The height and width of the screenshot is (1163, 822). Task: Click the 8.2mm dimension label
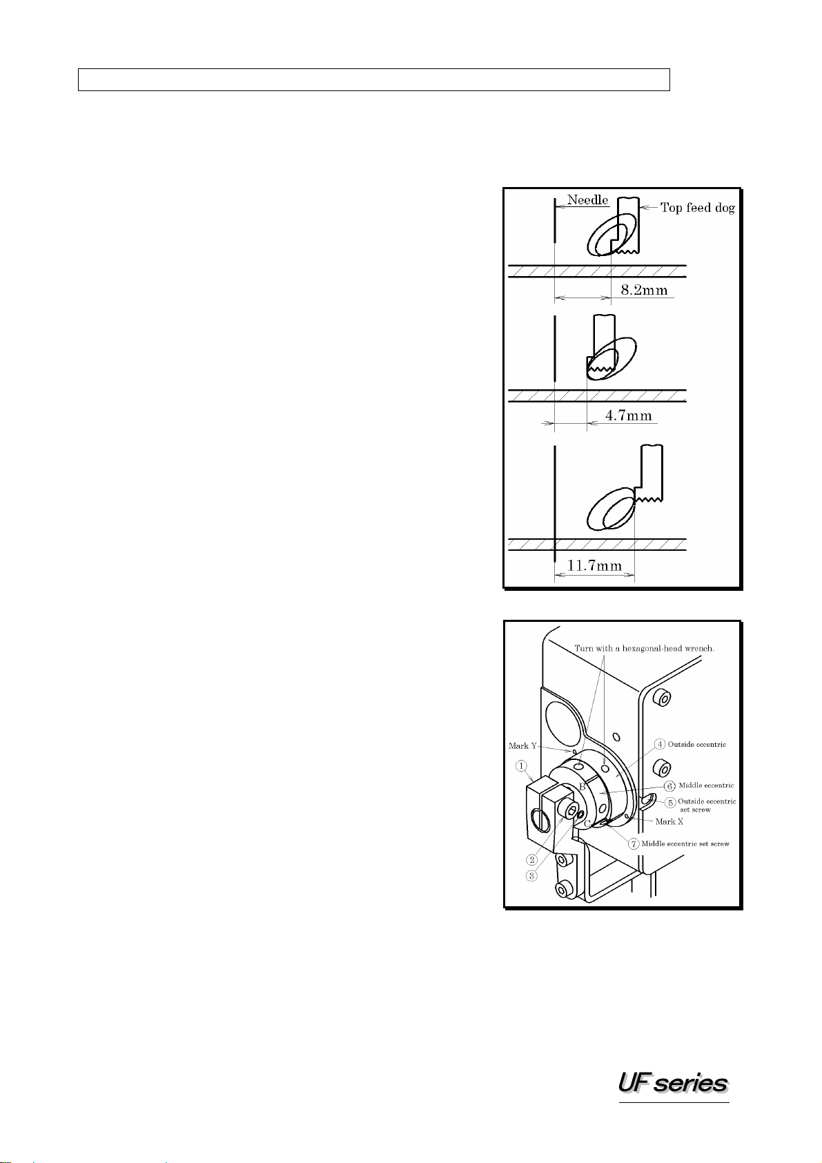(x=644, y=290)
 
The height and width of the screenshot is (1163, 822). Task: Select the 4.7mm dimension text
(x=628, y=416)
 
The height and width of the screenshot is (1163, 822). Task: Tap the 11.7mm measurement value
(x=594, y=565)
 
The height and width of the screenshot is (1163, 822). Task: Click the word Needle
(x=587, y=200)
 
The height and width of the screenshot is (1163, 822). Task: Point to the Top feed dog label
(x=697, y=208)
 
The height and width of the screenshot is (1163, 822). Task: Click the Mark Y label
(x=522, y=745)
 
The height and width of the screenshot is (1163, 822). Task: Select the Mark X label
(x=669, y=821)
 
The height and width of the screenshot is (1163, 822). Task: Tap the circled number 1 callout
(x=521, y=766)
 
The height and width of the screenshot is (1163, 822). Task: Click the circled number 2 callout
(x=531, y=860)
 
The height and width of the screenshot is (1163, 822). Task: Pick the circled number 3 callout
(x=531, y=876)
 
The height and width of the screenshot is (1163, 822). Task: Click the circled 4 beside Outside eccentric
(x=660, y=744)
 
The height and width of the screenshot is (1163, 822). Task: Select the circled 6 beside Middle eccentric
(x=670, y=786)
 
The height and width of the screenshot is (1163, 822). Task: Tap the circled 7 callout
(x=634, y=843)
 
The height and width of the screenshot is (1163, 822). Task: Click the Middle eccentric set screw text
(x=685, y=843)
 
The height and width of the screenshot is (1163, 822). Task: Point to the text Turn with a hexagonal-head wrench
(x=645, y=649)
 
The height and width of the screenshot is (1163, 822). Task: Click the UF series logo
(x=673, y=1084)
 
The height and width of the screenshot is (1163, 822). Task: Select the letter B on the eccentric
(x=582, y=788)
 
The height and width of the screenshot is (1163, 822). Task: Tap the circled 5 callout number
(x=670, y=802)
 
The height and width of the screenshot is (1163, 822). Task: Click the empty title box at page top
(x=374, y=79)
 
